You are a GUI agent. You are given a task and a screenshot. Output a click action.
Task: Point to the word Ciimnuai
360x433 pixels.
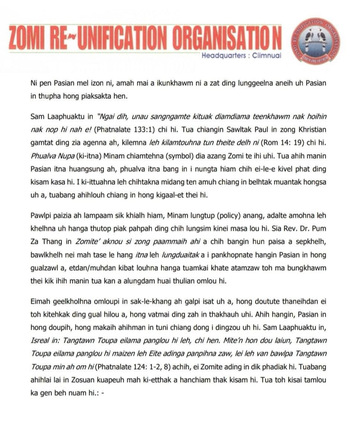point(267,56)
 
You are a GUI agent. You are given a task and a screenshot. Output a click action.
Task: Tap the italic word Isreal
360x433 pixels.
point(40,341)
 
